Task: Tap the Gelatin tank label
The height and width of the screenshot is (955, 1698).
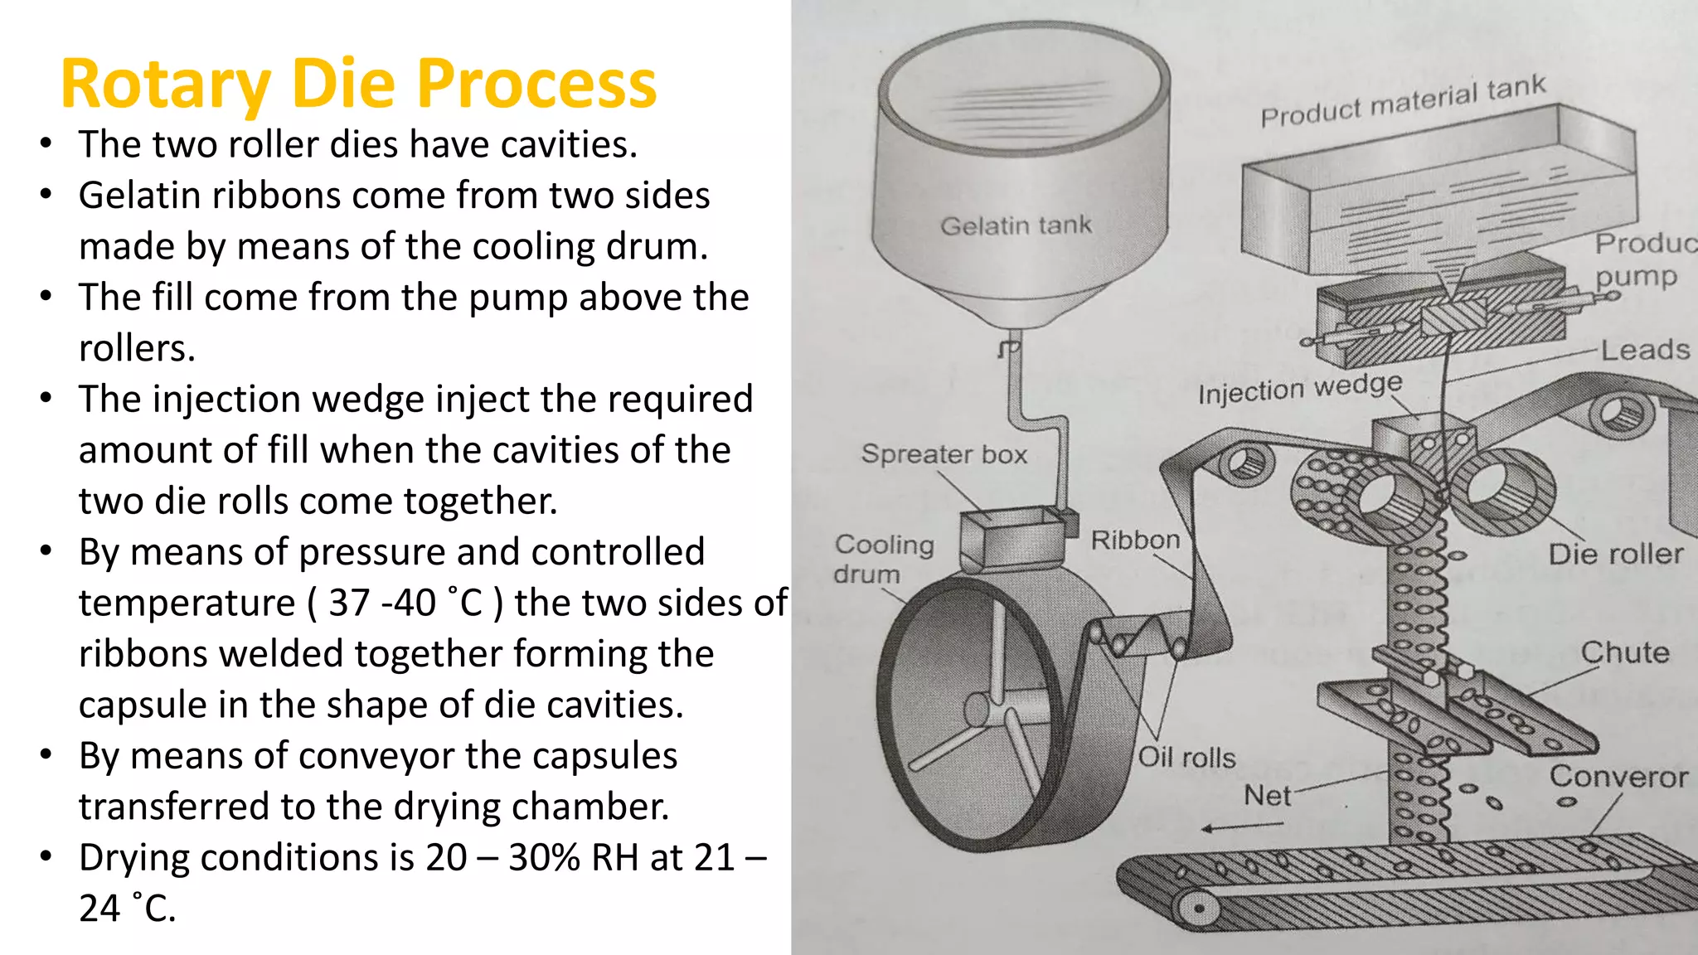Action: pyautogui.click(x=1016, y=225)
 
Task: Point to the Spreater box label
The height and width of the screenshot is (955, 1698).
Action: pyautogui.click(x=944, y=454)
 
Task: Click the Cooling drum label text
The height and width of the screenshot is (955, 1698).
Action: pyautogui.click(x=884, y=559)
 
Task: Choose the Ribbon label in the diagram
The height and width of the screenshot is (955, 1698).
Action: pyautogui.click(x=1135, y=541)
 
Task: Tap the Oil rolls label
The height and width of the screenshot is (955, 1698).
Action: pyautogui.click(x=1186, y=757)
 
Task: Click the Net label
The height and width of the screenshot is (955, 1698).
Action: pyautogui.click(x=1267, y=796)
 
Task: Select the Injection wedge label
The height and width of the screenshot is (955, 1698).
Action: pyautogui.click(x=1299, y=388)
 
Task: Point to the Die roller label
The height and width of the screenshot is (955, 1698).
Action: pyautogui.click(x=1615, y=554)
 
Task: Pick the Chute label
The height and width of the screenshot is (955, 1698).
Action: pyautogui.click(x=1624, y=652)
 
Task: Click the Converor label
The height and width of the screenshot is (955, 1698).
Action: pyautogui.click(x=1618, y=777)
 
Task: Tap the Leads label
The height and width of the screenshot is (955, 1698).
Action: pyautogui.click(x=1645, y=350)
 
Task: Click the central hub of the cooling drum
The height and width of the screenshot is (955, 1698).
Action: pyautogui.click(x=978, y=710)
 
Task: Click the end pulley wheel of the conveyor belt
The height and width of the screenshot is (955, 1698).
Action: pyautogui.click(x=1198, y=909)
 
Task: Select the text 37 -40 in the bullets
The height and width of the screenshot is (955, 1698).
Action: pyautogui.click(x=382, y=603)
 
